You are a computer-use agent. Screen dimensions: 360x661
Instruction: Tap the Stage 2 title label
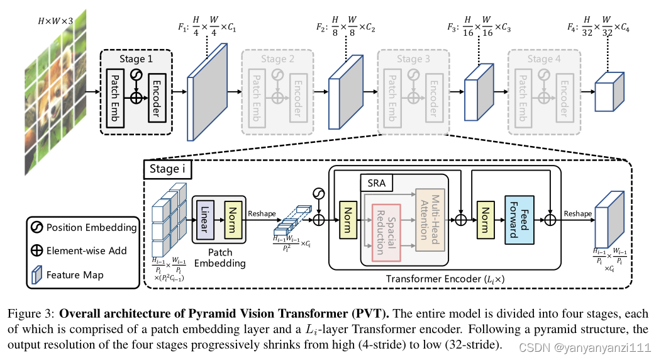pyautogui.click(x=277, y=59)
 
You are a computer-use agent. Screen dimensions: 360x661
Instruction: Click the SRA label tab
pyautogui.click(x=376, y=184)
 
